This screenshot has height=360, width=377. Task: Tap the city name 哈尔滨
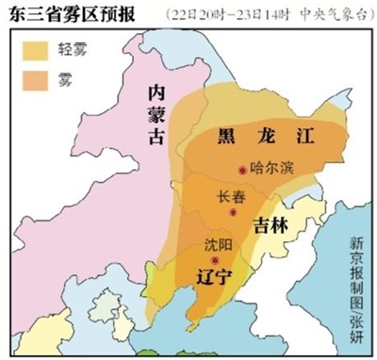pos(273,171)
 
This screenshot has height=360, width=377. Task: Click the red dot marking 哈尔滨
pos(243,171)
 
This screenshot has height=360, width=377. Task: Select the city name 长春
pos(230,197)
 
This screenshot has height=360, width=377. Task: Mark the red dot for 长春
pos(233,212)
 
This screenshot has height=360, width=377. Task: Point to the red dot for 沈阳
pos(216,260)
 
